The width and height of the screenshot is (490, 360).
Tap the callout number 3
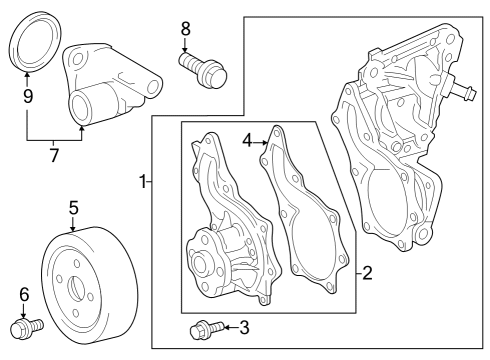click(x=245, y=326)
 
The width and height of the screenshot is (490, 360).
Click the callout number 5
click(x=73, y=207)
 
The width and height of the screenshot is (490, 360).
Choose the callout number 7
click(x=54, y=155)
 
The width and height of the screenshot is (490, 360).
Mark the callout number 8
click(x=185, y=29)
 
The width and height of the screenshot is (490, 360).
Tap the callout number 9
click(x=28, y=97)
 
